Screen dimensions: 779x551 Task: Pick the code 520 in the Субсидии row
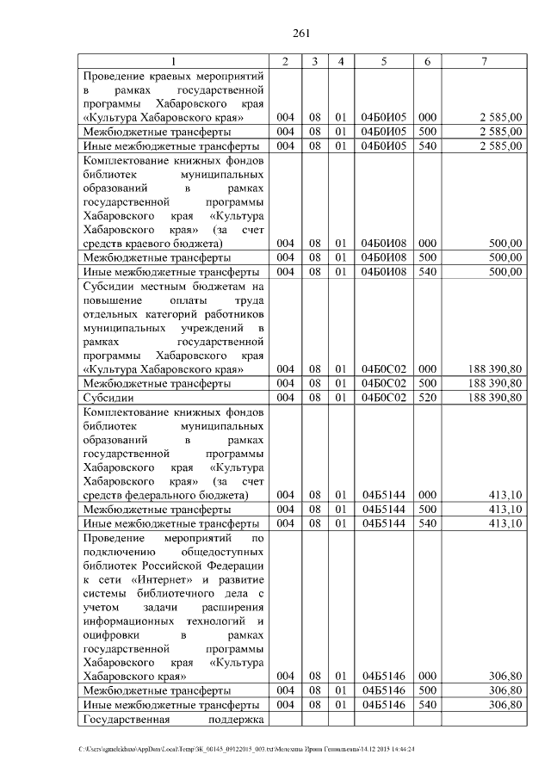pos(426,398)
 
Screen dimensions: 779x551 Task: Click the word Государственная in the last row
pos(124,719)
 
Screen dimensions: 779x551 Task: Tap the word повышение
pos(112,300)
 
